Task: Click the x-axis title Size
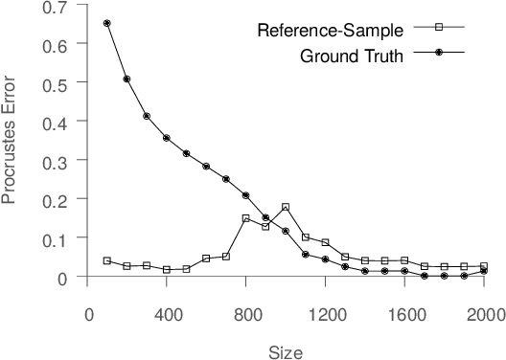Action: point(286,351)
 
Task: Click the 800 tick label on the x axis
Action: point(245,312)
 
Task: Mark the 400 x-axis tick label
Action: point(167,312)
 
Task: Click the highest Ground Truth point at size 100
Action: point(106,23)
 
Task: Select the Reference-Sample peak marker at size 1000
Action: point(286,207)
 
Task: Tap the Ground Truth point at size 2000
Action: point(483,271)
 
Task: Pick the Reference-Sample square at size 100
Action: point(106,260)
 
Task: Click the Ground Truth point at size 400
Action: point(167,138)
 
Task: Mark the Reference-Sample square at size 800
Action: point(245,218)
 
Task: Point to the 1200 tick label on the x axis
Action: point(325,312)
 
